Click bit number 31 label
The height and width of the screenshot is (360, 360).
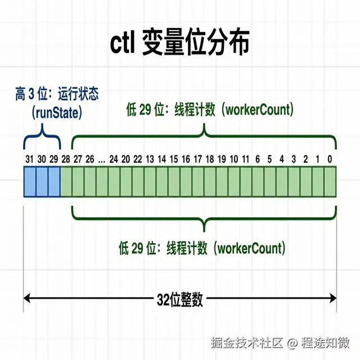(30, 159)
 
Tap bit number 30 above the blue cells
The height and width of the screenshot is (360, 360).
(42, 159)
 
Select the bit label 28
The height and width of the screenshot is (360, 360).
(66, 159)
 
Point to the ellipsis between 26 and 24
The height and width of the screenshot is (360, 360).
(101, 159)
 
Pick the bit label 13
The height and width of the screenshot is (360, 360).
(150, 159)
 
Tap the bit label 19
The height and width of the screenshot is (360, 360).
(221, 159)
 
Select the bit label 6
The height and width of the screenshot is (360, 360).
(257, 159)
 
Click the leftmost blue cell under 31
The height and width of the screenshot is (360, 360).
(30, 182)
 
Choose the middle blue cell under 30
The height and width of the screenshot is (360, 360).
(42, 182)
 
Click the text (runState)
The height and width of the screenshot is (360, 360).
(57, 112)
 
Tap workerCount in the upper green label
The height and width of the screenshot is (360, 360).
(258, 110)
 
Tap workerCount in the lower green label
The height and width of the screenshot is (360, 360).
(250, 247)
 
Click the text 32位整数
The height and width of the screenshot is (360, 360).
(180, 300)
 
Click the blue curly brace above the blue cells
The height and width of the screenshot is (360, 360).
(42, 135)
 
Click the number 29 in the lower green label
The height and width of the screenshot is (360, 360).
(141, 247)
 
